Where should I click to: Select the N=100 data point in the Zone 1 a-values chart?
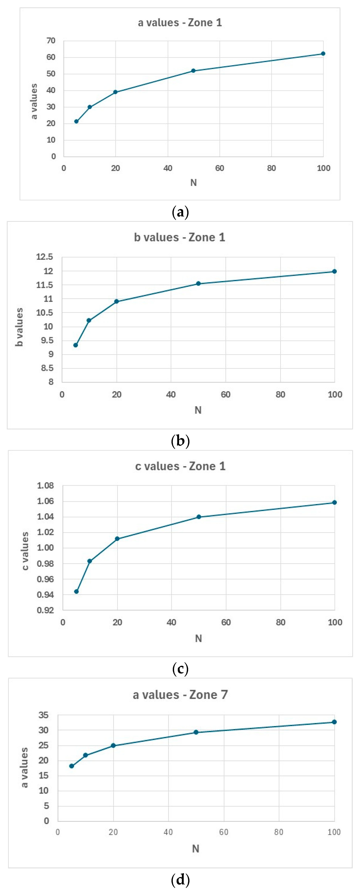(x=323, y=54)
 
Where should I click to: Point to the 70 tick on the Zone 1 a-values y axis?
(x=51, y=41)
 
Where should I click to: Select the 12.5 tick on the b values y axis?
(x=45, y=257)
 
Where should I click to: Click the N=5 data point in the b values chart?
(x=75, y=345)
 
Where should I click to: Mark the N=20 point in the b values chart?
(x=117, y=302)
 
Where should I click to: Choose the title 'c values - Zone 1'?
(x=180, y=466)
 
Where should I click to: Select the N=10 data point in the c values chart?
(x=90, y=561)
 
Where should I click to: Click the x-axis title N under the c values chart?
(x=198, y=638)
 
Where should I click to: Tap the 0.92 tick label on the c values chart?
(x=46, y=610)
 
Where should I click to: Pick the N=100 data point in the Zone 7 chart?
(x=334, y=722)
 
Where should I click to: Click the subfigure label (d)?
(x=180, y=880)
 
